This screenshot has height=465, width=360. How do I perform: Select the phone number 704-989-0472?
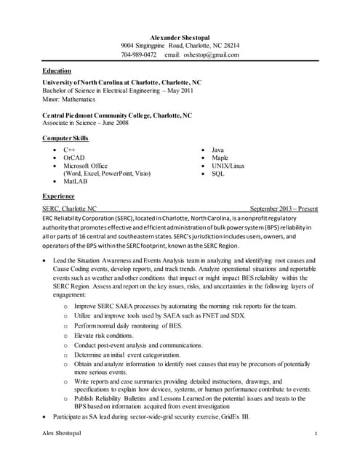coord(138,54)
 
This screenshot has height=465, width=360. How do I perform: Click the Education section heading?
coord(57,70)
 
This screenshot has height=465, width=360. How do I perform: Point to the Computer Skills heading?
coord(65,137)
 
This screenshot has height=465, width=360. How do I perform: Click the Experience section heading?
coord(58,196)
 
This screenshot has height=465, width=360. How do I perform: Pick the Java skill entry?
coord(217,149)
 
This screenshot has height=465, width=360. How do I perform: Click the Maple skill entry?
coord(220,157)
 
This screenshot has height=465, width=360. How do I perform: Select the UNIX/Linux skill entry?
coord(228,166)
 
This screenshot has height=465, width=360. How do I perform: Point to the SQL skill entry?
coord(217,174)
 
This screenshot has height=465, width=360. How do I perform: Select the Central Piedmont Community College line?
coord(117,115)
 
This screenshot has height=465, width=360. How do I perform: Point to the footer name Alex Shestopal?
coord(62,434)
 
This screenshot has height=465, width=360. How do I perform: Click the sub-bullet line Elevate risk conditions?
coord(103,336)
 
